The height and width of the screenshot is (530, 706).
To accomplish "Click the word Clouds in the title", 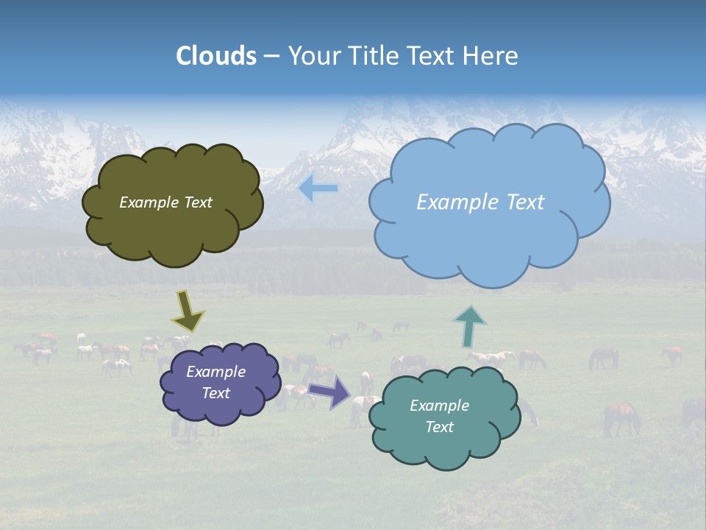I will pyautogui.click(x=216, y=56).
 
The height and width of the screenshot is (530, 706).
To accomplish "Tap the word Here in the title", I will pyautogui.click(x=492, y=56).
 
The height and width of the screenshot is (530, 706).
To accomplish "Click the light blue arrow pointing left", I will pyautogui.click(x=318, y=188).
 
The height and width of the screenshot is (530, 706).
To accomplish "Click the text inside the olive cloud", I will pyautogui.click(x=165, y=202).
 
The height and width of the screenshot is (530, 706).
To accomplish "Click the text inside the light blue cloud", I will pyautogui.click(x=480, y=202).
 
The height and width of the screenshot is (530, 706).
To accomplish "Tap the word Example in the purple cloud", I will pyautogui.click(x=215, y=372).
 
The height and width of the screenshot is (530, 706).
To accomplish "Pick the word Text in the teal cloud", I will pyautogui.click(x=439, y=427).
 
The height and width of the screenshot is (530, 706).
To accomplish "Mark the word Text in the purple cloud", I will pyautogui.click(x=215, y=393).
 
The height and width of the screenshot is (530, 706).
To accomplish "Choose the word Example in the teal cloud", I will pyautogui.click(x=439, y=406).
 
